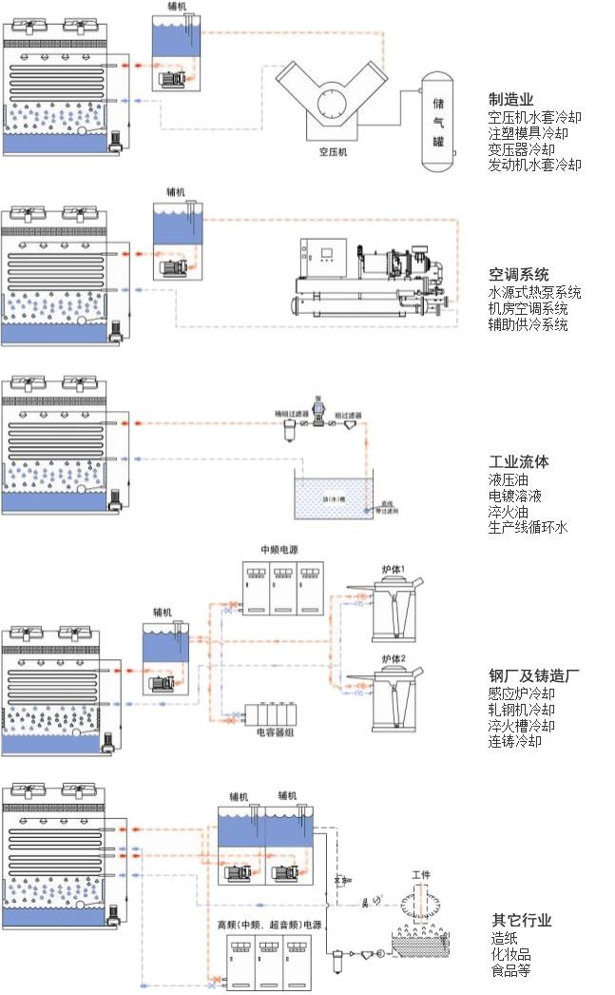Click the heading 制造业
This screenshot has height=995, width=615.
510,99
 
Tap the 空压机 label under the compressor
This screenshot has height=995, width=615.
333,150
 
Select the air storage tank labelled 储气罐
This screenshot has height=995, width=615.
438,120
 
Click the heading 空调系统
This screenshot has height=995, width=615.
518,275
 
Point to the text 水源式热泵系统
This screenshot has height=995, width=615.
534,292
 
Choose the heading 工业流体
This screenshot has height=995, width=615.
518,461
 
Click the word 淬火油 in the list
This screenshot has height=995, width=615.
509,512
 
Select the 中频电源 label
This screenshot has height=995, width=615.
280,550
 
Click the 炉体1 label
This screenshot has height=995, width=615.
394,569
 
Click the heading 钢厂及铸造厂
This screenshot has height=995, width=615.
534,676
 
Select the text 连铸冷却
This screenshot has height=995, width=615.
514,741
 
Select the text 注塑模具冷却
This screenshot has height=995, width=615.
534,133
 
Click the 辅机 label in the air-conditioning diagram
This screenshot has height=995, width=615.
176,191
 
